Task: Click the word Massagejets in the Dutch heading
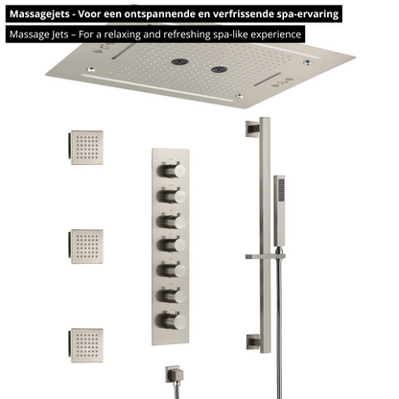point(39,14)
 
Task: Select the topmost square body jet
point(86,148)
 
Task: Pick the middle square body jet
point(86,246)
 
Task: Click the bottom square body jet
point(86,345)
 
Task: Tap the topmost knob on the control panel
point(172,171)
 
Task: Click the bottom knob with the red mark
point(171,321)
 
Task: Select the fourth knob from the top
point(172,246)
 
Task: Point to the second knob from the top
point(172,196)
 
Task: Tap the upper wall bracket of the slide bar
point(252,129)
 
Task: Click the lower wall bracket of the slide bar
point(253,342)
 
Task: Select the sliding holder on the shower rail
point(265,256)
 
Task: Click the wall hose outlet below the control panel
point(175,374)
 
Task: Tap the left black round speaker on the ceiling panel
point(179,61)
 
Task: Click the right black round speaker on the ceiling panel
point(220,69)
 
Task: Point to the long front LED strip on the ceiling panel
point(157,88)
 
